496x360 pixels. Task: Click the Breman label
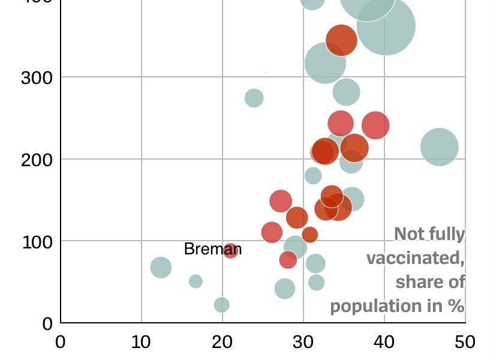point(212,249)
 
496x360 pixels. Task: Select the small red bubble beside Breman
point(230,250)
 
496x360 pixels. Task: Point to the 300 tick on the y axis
point(37,77)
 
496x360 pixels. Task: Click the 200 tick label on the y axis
point(37,160)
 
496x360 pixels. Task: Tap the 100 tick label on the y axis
point(37,241)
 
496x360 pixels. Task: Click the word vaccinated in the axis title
point(415,258)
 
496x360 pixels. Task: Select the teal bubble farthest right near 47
point(439,146)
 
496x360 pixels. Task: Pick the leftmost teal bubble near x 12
point(160,267)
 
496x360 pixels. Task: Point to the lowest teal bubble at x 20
point(221,305)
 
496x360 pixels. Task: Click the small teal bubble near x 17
point(196,281)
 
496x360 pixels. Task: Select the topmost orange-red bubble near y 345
point(341,40)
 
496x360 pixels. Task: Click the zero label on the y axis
point(47,323)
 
